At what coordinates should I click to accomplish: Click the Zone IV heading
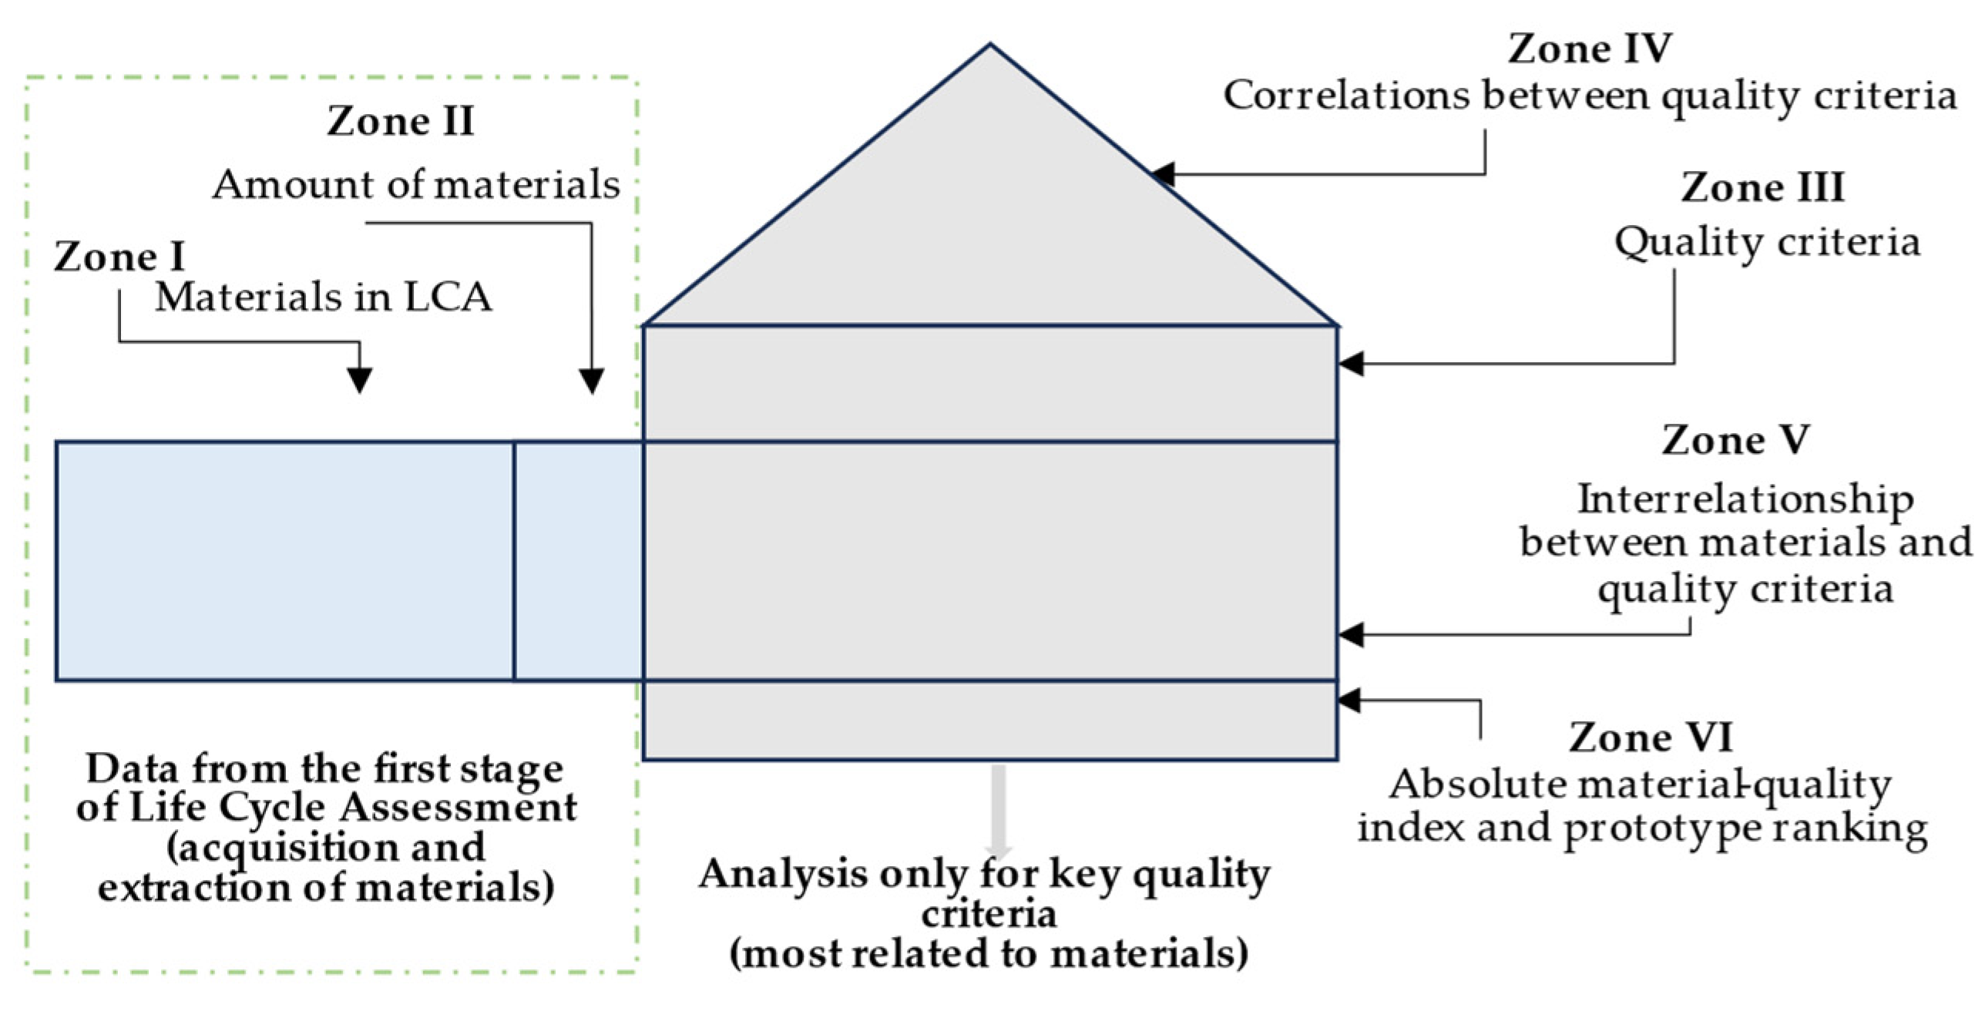[x=1589, y=49]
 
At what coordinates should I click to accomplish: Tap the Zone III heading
[x=1762, y=188]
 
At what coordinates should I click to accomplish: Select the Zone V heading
[x=1735, y=441]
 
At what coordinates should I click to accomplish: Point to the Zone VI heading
[x=1651, y=737]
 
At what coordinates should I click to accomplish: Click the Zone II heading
[x=400, y=121]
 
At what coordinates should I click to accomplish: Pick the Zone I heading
[x=119, y=257]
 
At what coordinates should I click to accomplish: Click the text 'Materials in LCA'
[x=324, y=297]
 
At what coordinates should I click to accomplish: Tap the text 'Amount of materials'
[x=416, y=185]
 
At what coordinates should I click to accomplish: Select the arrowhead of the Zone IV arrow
[x=1162, y=175]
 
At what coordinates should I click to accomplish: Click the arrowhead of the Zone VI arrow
[x=1350, y=700]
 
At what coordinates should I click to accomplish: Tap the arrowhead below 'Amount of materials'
[x=591, y=381]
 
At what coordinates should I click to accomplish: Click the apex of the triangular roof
[x=990, y=46]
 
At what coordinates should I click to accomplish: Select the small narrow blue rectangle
[x=578, y=561]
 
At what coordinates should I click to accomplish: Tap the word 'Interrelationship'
[x=1745, y=499]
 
